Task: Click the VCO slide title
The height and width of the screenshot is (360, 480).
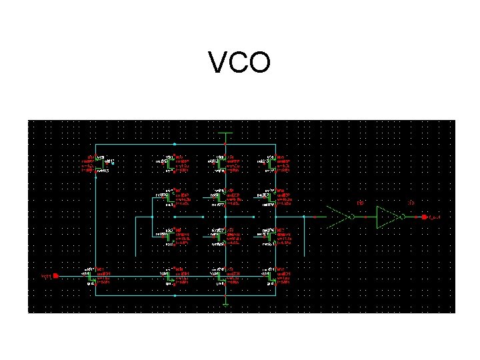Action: [239, 63]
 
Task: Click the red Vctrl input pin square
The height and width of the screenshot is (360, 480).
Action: [56, 275]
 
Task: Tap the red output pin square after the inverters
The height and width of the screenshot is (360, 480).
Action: [424, 217]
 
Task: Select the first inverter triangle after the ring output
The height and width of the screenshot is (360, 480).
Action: [341, 217]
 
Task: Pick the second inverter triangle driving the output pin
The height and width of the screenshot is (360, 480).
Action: [388, 217]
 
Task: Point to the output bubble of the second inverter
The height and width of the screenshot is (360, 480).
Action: [403, 217]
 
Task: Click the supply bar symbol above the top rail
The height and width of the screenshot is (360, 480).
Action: [226, 133]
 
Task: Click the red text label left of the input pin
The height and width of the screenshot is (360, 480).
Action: [45, 275]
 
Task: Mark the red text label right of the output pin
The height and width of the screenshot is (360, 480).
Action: [435, 217]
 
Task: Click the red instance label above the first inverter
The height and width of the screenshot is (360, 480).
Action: [360, 203]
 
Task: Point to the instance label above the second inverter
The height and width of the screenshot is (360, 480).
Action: [411, 203]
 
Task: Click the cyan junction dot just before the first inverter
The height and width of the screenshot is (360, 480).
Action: [315, 217]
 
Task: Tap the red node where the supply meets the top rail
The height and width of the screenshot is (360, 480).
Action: [226, 143]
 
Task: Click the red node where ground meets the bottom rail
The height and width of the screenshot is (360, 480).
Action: [226, 294]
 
